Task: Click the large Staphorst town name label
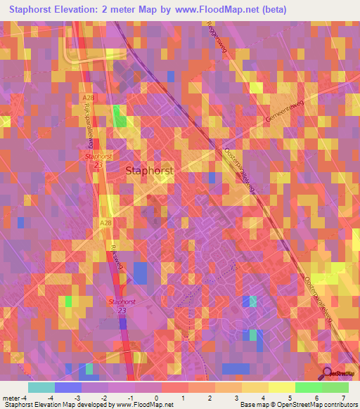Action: click(148, 170)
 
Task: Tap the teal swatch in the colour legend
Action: click(41, 387)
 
